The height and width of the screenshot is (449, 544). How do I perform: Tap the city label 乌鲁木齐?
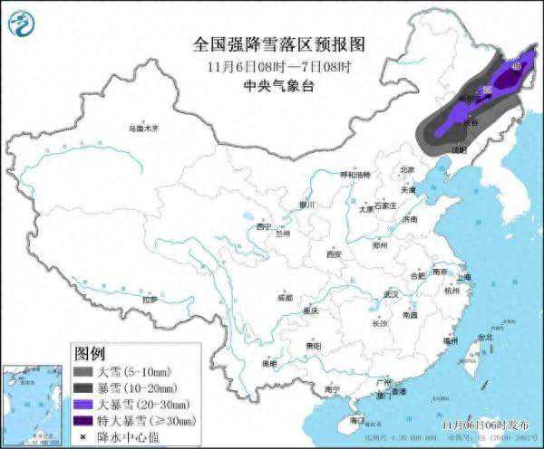[142, 129]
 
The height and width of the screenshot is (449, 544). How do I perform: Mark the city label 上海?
[464, 277]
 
